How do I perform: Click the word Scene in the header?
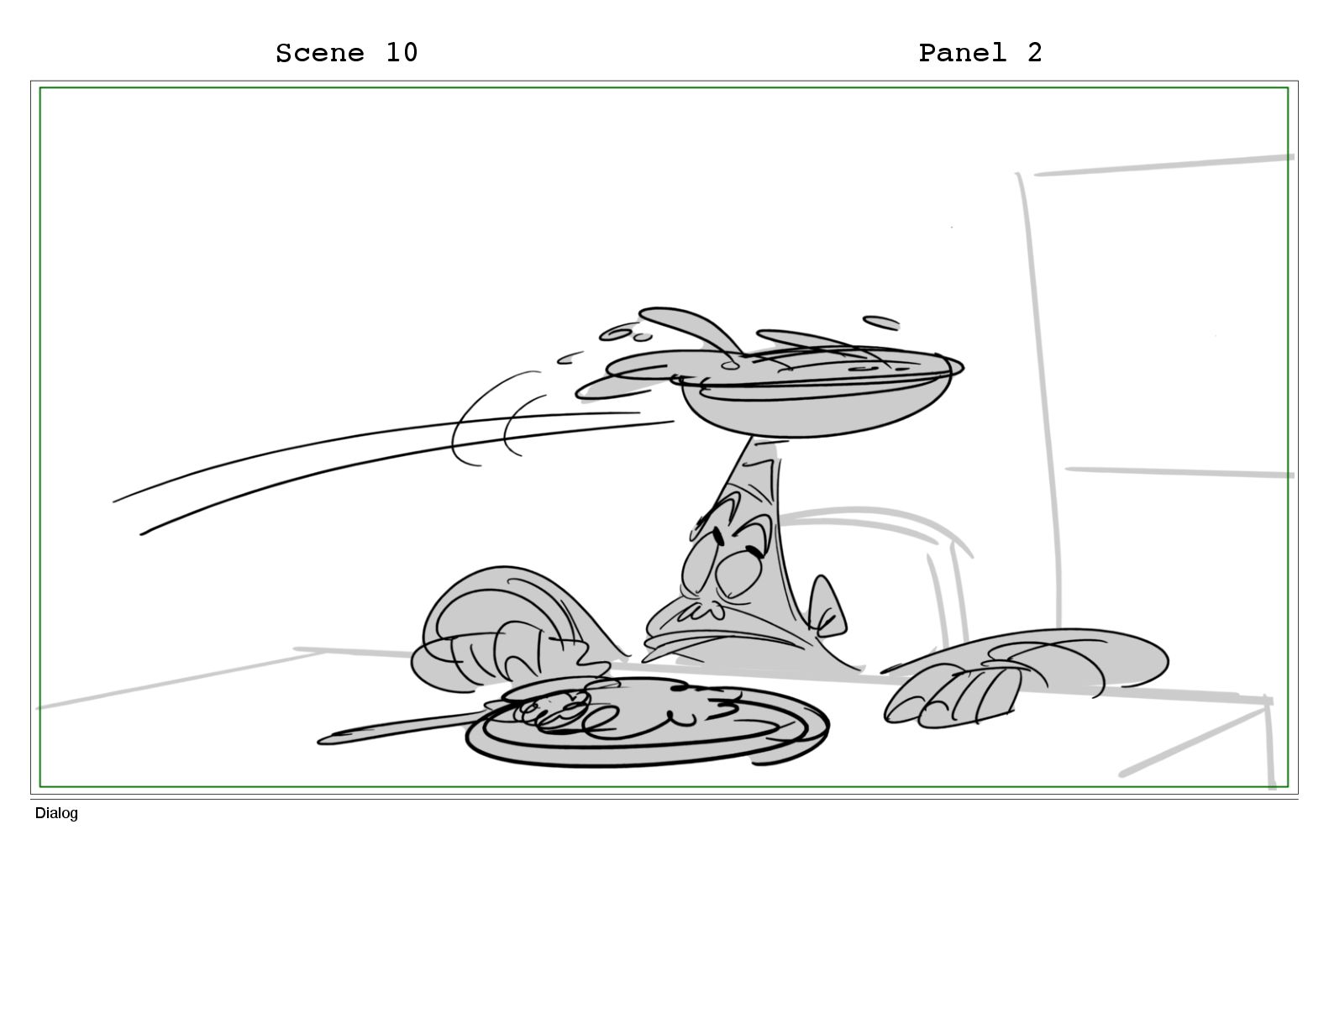coord(320,53)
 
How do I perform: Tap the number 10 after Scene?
coord(402,53)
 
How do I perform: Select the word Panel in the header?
coord(962,53)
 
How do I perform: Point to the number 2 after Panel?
coord(1034,53)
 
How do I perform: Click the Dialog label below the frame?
coord(56,813)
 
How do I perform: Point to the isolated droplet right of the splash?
coord(880,323)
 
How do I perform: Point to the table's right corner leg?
coord(1269,743)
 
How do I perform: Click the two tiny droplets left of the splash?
coord(625,333)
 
